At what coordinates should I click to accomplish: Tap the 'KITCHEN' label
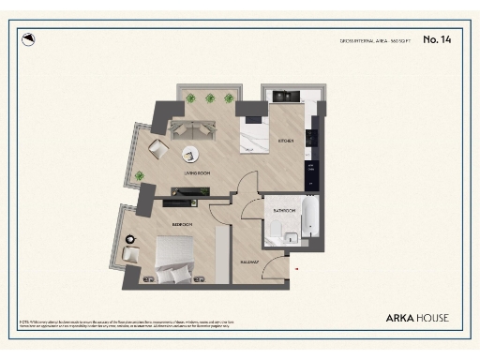286,142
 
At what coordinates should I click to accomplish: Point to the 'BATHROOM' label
285,211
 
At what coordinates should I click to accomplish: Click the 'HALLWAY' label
249,262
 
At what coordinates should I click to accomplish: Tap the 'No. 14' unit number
437,39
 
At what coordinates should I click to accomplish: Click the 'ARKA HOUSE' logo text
417,318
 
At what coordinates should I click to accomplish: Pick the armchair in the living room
158,150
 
